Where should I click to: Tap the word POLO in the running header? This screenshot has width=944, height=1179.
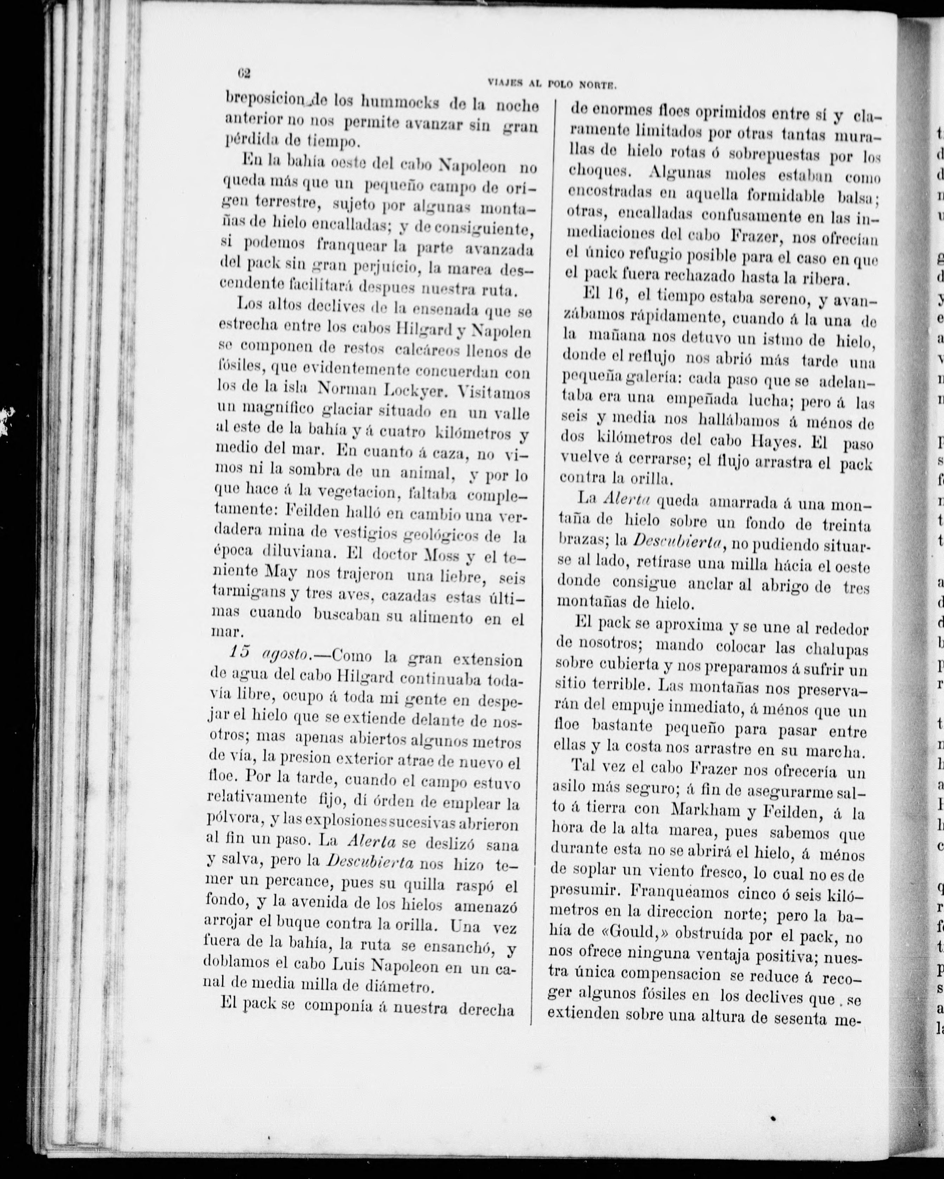tap(565, 84)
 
